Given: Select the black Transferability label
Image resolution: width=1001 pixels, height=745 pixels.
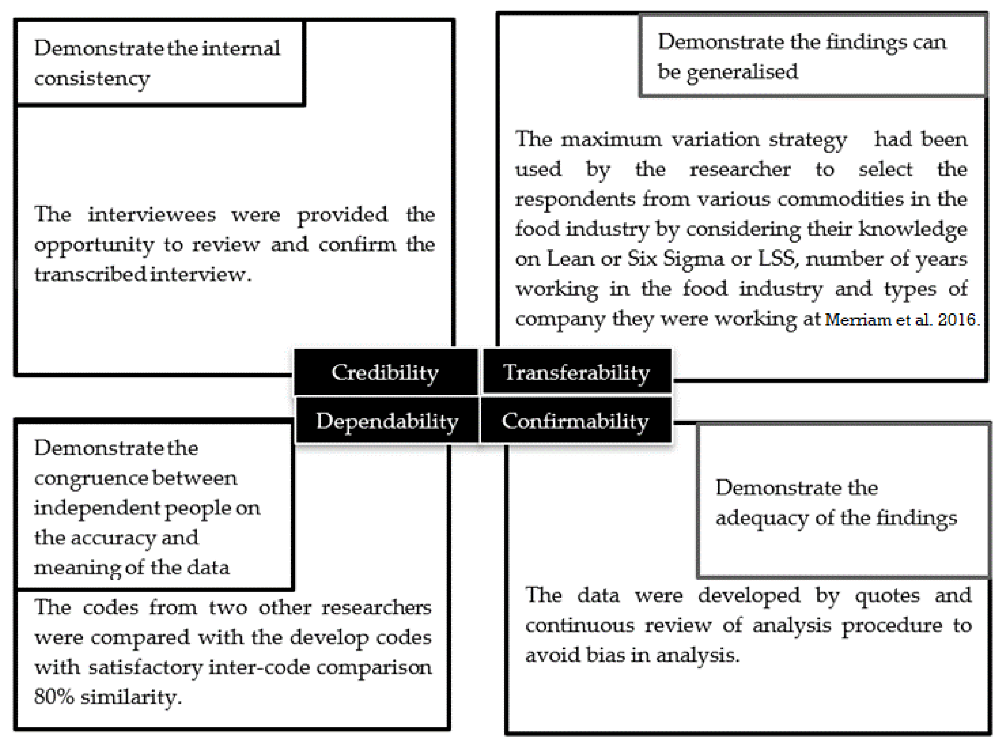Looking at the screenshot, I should [x=576, y=372].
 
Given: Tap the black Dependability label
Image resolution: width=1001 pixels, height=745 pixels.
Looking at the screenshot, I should [x=387, y=421].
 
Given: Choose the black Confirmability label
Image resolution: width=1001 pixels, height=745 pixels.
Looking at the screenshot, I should [x=575, y=421].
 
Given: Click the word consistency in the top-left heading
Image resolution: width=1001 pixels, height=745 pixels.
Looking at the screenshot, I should [x=92, y=79].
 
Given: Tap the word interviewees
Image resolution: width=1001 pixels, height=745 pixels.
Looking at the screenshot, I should [x=152, y=214].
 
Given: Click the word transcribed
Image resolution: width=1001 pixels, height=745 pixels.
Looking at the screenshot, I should [x=90, y=274].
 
